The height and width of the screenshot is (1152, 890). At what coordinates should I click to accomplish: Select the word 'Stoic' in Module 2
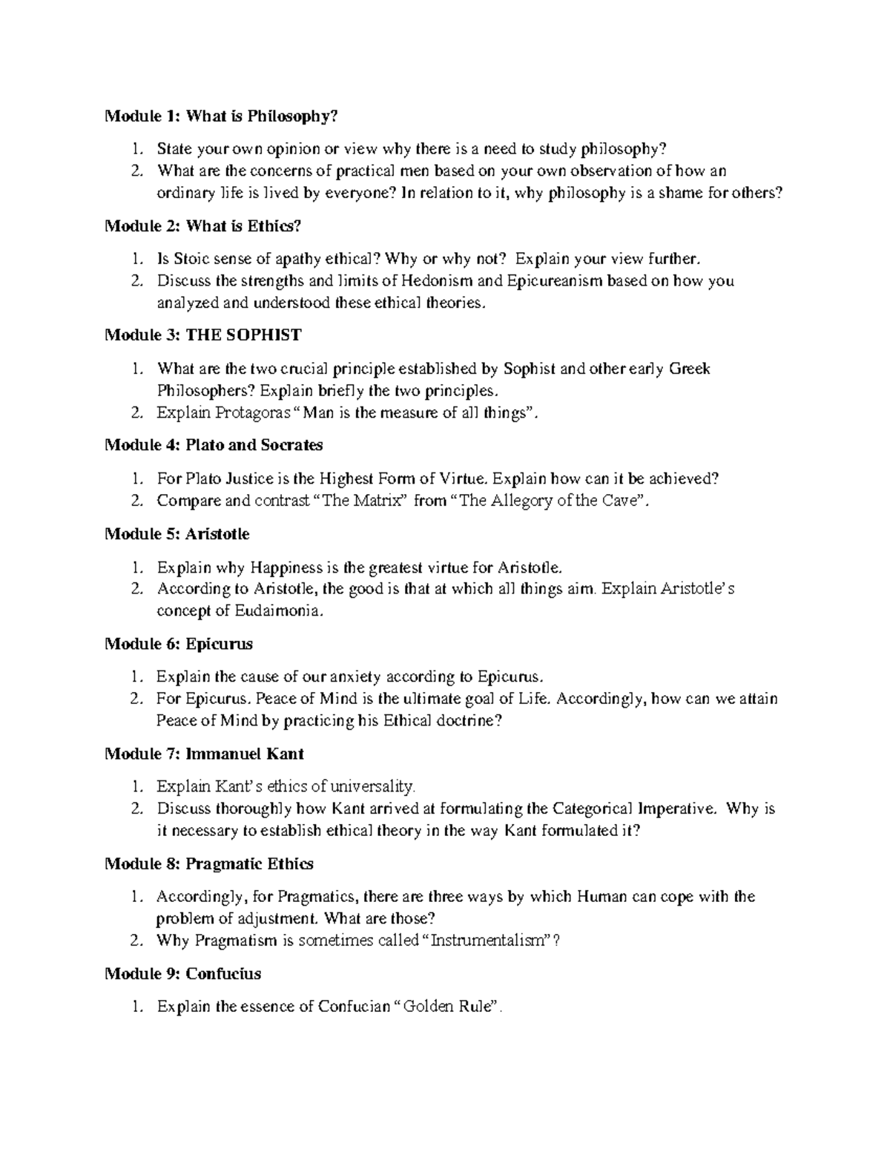tap(191, 259)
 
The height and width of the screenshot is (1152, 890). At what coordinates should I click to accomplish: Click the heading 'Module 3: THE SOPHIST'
tap(202, 335)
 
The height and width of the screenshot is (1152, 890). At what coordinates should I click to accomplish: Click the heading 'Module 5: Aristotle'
tap(177, 534)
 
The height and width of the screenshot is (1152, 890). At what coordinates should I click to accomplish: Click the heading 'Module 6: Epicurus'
tap(179, 644)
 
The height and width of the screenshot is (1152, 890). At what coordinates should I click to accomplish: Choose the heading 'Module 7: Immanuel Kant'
tap(205, 754)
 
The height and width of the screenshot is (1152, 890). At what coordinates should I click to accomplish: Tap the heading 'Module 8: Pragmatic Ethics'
tap(209, 863)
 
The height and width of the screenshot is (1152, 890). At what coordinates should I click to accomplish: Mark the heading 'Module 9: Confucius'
tap(182, 973)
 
